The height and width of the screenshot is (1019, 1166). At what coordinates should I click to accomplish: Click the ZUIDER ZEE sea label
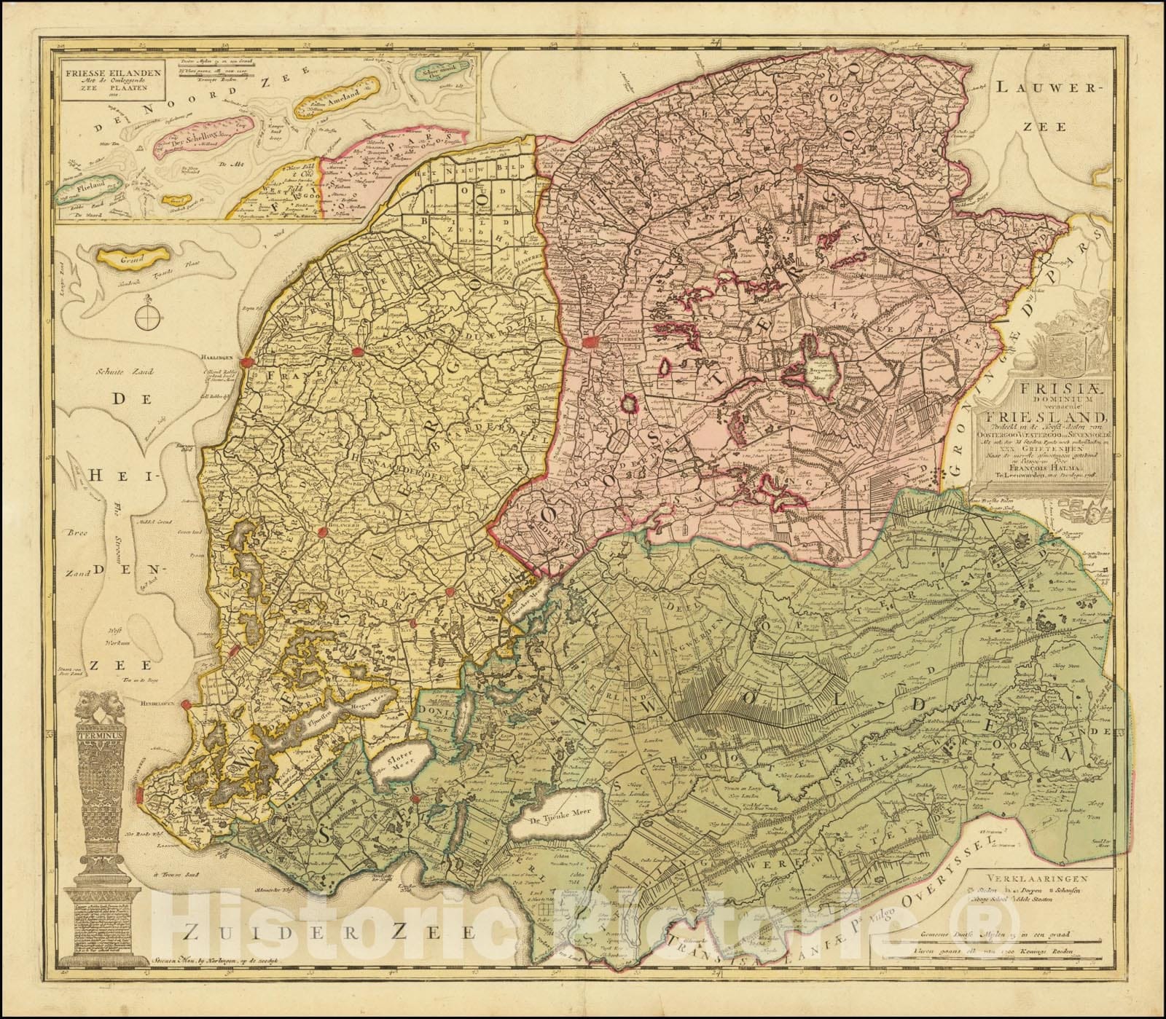330,950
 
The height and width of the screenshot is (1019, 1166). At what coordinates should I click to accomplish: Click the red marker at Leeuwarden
590,341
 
